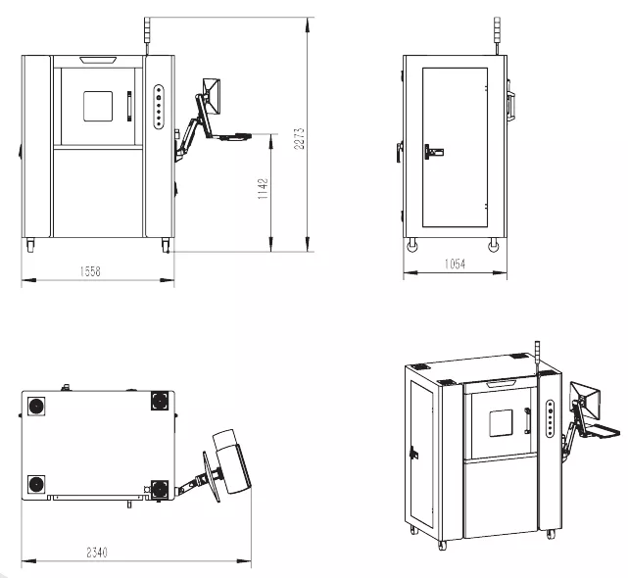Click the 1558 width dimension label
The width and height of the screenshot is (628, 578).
coord(90,271)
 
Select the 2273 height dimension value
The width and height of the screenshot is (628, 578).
coord(299,138)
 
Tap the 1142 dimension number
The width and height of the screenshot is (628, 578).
coord(263,189)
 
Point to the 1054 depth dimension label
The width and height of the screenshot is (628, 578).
coord(455,264)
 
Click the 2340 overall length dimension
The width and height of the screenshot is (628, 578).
coord(97,553)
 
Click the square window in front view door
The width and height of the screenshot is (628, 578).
coord(98,106)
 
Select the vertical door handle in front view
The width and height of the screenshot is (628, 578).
coord(129,106)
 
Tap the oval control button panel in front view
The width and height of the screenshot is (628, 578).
coord(159,107)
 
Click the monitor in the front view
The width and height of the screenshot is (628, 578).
coord(212,96)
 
